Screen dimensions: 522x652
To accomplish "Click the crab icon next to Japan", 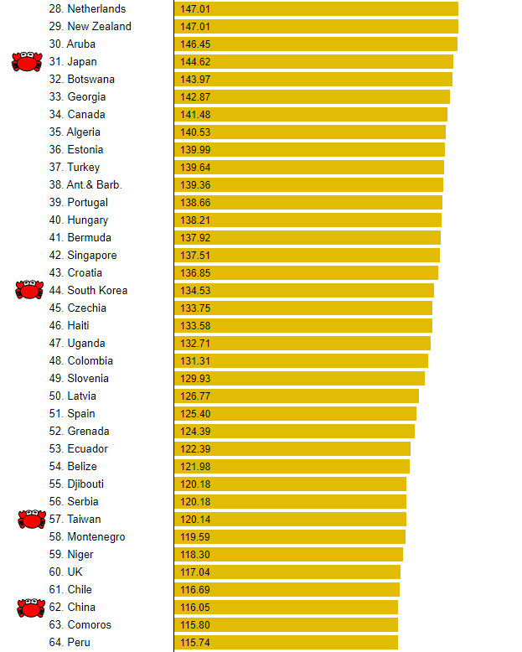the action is point(27,61).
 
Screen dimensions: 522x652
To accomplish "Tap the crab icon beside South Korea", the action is point(29,289).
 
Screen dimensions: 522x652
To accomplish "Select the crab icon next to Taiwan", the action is point(32,519).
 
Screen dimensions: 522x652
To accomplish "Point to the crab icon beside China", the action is point(31,608).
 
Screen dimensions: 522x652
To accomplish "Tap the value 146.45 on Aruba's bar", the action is point(195,44).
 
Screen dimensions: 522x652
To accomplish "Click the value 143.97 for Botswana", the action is point(195,79).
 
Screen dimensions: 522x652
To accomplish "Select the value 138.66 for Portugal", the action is point(195,203).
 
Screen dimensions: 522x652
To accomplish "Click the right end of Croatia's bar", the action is point(437,272).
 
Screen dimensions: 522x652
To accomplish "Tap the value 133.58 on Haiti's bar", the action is point(195,326).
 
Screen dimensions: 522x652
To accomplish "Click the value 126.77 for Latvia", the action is point(195,396).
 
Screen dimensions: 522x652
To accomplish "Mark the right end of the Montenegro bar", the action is point(406,537).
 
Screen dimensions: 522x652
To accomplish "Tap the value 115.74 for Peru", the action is point(195,643).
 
